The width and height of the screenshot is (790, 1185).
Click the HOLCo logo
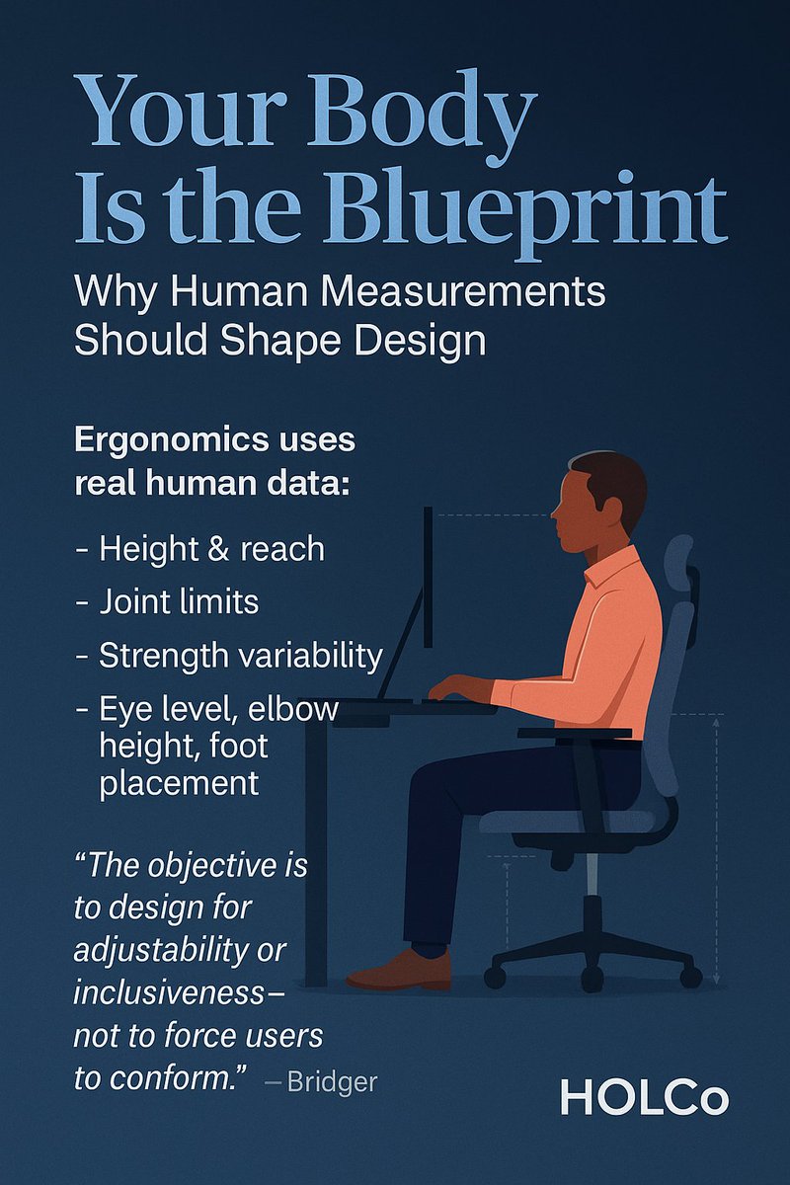(644, 1097)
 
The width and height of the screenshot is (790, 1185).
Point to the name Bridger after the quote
(332, 1082)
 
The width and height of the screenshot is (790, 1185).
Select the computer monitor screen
(429, 578)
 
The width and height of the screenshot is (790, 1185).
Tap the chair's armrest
(574, 734)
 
